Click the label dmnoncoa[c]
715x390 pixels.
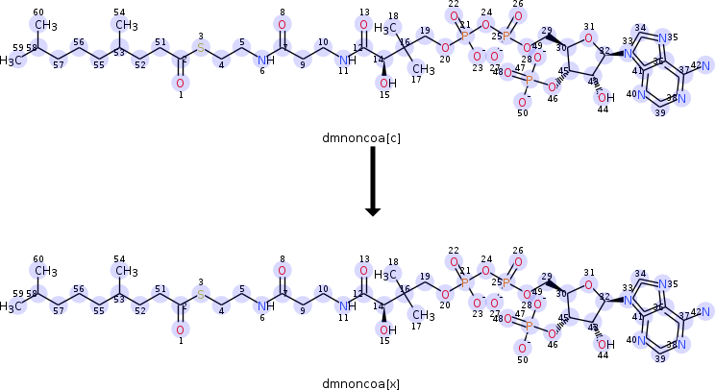(361, 139)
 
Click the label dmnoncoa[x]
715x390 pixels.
(361, 382)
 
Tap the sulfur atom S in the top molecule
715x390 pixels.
(201, 47)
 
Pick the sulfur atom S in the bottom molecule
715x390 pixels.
(201, 293)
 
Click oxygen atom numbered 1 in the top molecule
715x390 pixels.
(179, 85)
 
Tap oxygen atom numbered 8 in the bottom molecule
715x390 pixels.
(281, 270)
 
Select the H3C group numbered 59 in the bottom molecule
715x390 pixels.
(13, 306)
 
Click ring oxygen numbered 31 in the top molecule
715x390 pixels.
(589, 39)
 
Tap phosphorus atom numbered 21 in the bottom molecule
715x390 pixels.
(465, 281)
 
